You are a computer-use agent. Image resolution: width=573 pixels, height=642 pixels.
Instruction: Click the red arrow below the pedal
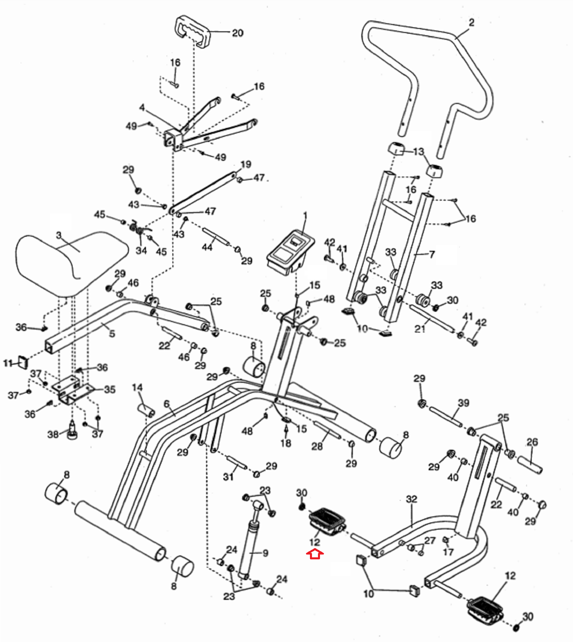pos(315,555)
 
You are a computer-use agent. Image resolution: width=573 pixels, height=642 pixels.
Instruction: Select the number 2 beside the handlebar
pos(472,22)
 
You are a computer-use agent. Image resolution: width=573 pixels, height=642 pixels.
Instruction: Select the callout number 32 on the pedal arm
pos(411,499)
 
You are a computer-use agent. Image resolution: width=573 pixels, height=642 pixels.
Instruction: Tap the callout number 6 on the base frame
pos(167,404)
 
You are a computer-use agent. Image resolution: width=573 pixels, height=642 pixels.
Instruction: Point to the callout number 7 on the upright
pos(431,254)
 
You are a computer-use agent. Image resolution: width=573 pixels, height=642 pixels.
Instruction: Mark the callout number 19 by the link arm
pos(246,164)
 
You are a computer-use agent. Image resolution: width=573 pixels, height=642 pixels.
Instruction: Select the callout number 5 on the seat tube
pos(112,333)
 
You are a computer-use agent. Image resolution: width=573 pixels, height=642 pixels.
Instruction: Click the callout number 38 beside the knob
pos(53,434)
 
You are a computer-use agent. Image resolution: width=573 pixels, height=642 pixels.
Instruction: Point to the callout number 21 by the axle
pos(420,329)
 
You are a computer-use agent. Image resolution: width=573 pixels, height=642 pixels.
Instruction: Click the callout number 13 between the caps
pos(418,152)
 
